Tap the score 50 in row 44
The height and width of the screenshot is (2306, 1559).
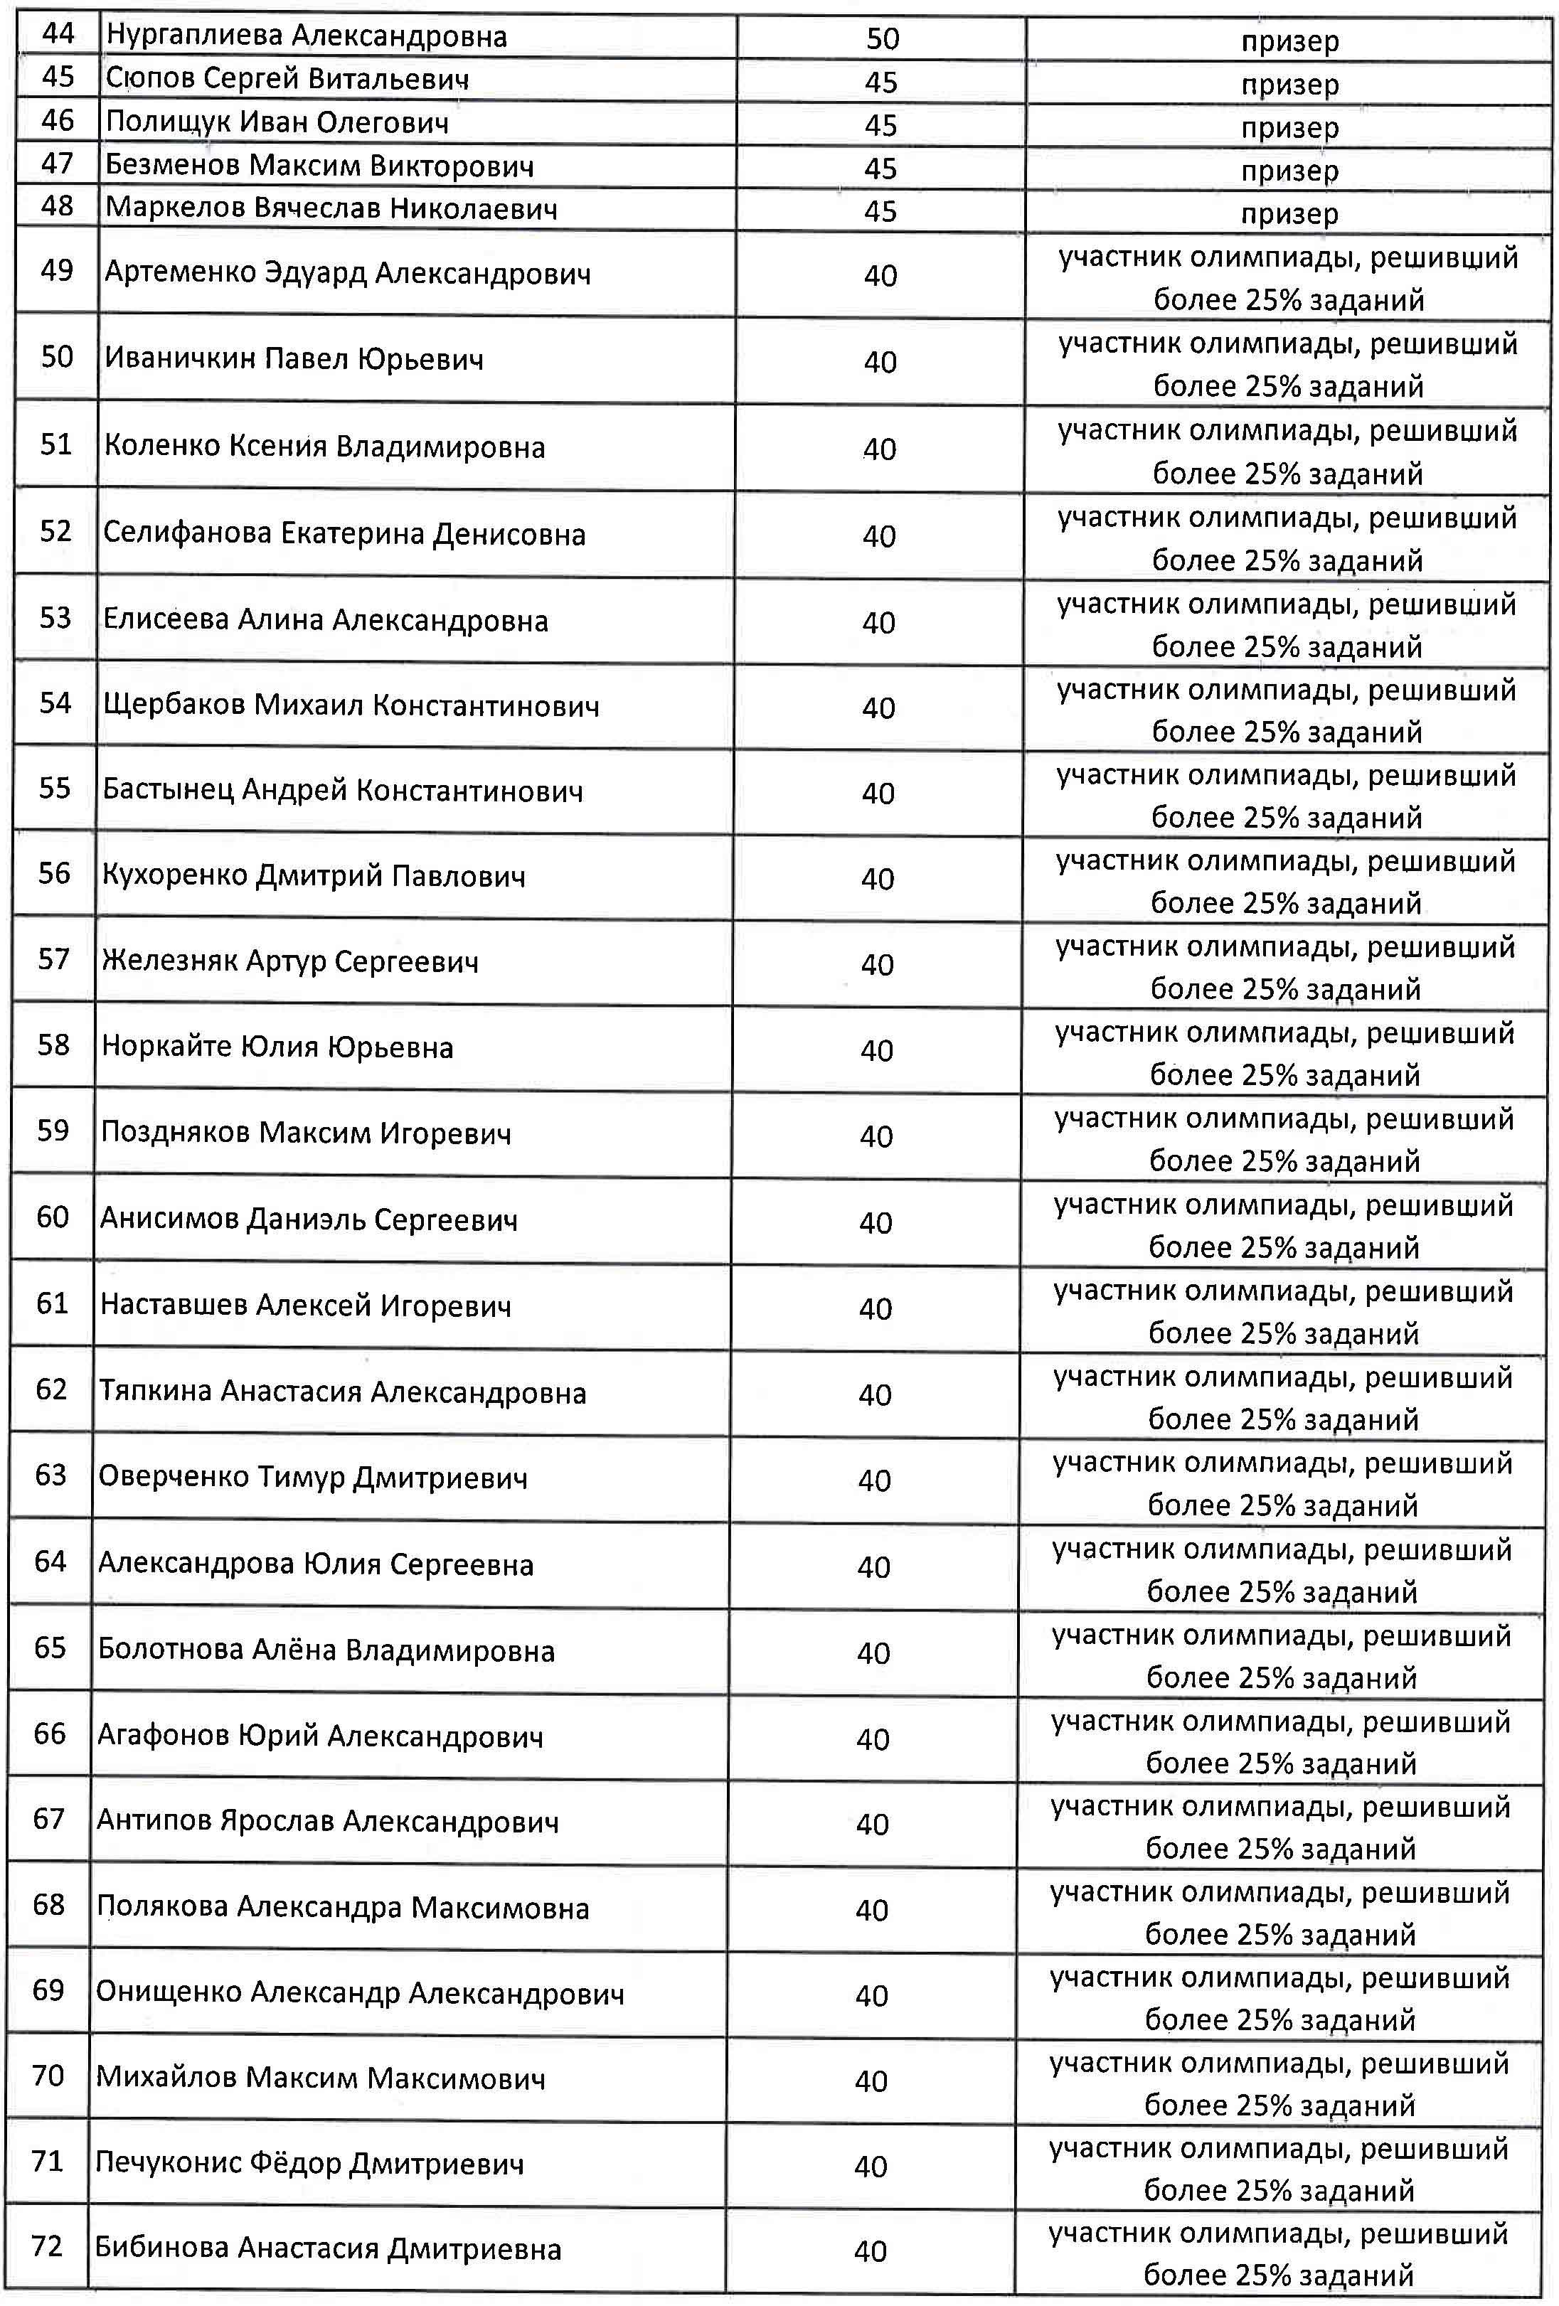(x=882, y=38)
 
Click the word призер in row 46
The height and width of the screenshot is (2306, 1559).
(x=1289, y=128)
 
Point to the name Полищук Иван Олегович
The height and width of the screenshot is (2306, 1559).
(x=277, y=122)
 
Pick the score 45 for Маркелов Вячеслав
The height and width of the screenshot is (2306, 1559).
(x=880, y=210)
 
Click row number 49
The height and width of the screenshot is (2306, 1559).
(x=57, y=270)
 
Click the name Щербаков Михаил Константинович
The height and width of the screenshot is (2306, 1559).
(x=351, y=705)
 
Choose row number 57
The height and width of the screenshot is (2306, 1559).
(x=53, y=959)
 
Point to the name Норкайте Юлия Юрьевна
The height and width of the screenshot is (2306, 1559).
(x=277, y=1047)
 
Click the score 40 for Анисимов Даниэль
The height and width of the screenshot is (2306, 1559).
(x=876, y=1222)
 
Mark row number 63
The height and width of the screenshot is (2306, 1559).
(x=50, y=1475)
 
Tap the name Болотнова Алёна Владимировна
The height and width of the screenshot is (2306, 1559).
(x=326, y=1650)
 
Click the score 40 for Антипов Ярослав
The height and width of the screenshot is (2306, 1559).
(x=872, y=1824)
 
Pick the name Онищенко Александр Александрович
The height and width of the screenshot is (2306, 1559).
(x=359, y=1993)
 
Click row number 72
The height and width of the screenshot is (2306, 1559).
(x=48, y=2248)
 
